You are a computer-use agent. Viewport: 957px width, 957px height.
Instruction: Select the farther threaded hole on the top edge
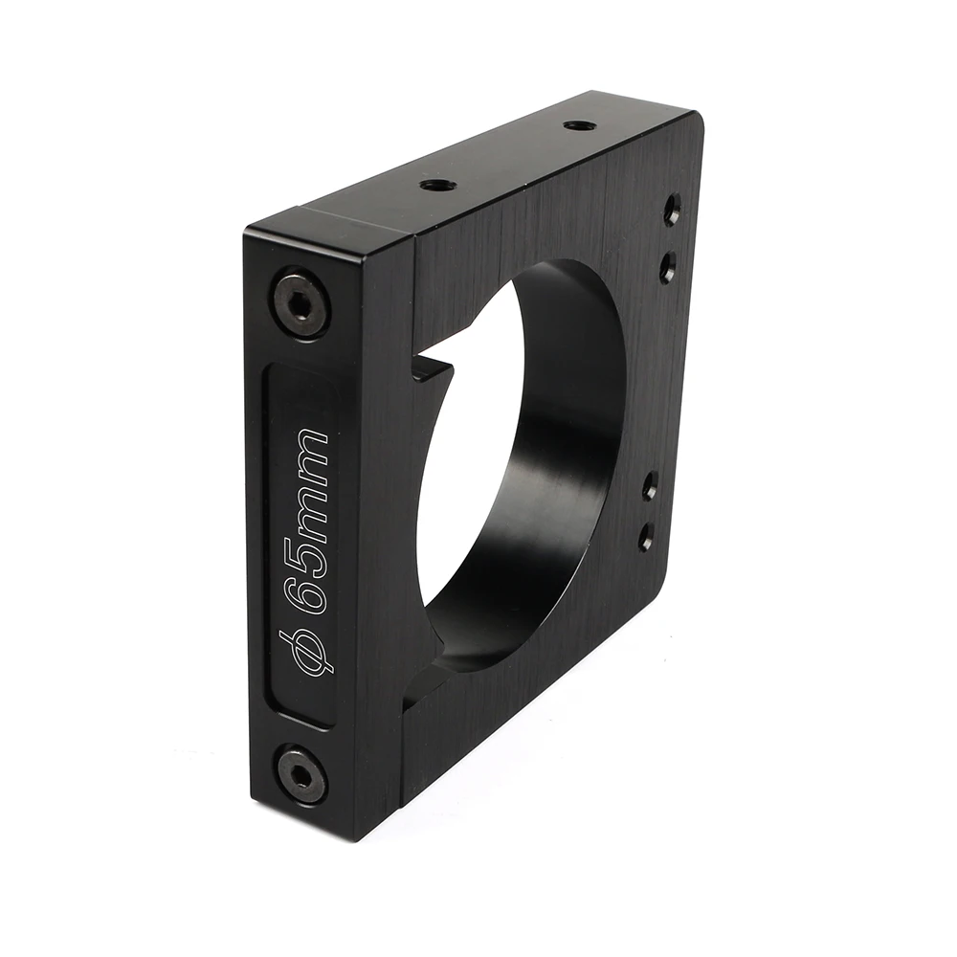click(x=575, y=126)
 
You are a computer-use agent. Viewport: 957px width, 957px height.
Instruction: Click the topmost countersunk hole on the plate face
click(x=673, y=209)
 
